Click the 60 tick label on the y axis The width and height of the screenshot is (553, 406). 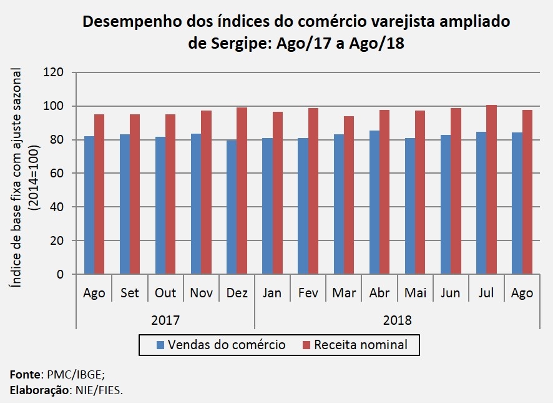[59, 173]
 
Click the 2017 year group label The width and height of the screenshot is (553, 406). [165, 320]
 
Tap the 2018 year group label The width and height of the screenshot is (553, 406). [397, 320]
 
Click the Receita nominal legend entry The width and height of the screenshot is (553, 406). [361, 345]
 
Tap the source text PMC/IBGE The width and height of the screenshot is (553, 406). [72, 375]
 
